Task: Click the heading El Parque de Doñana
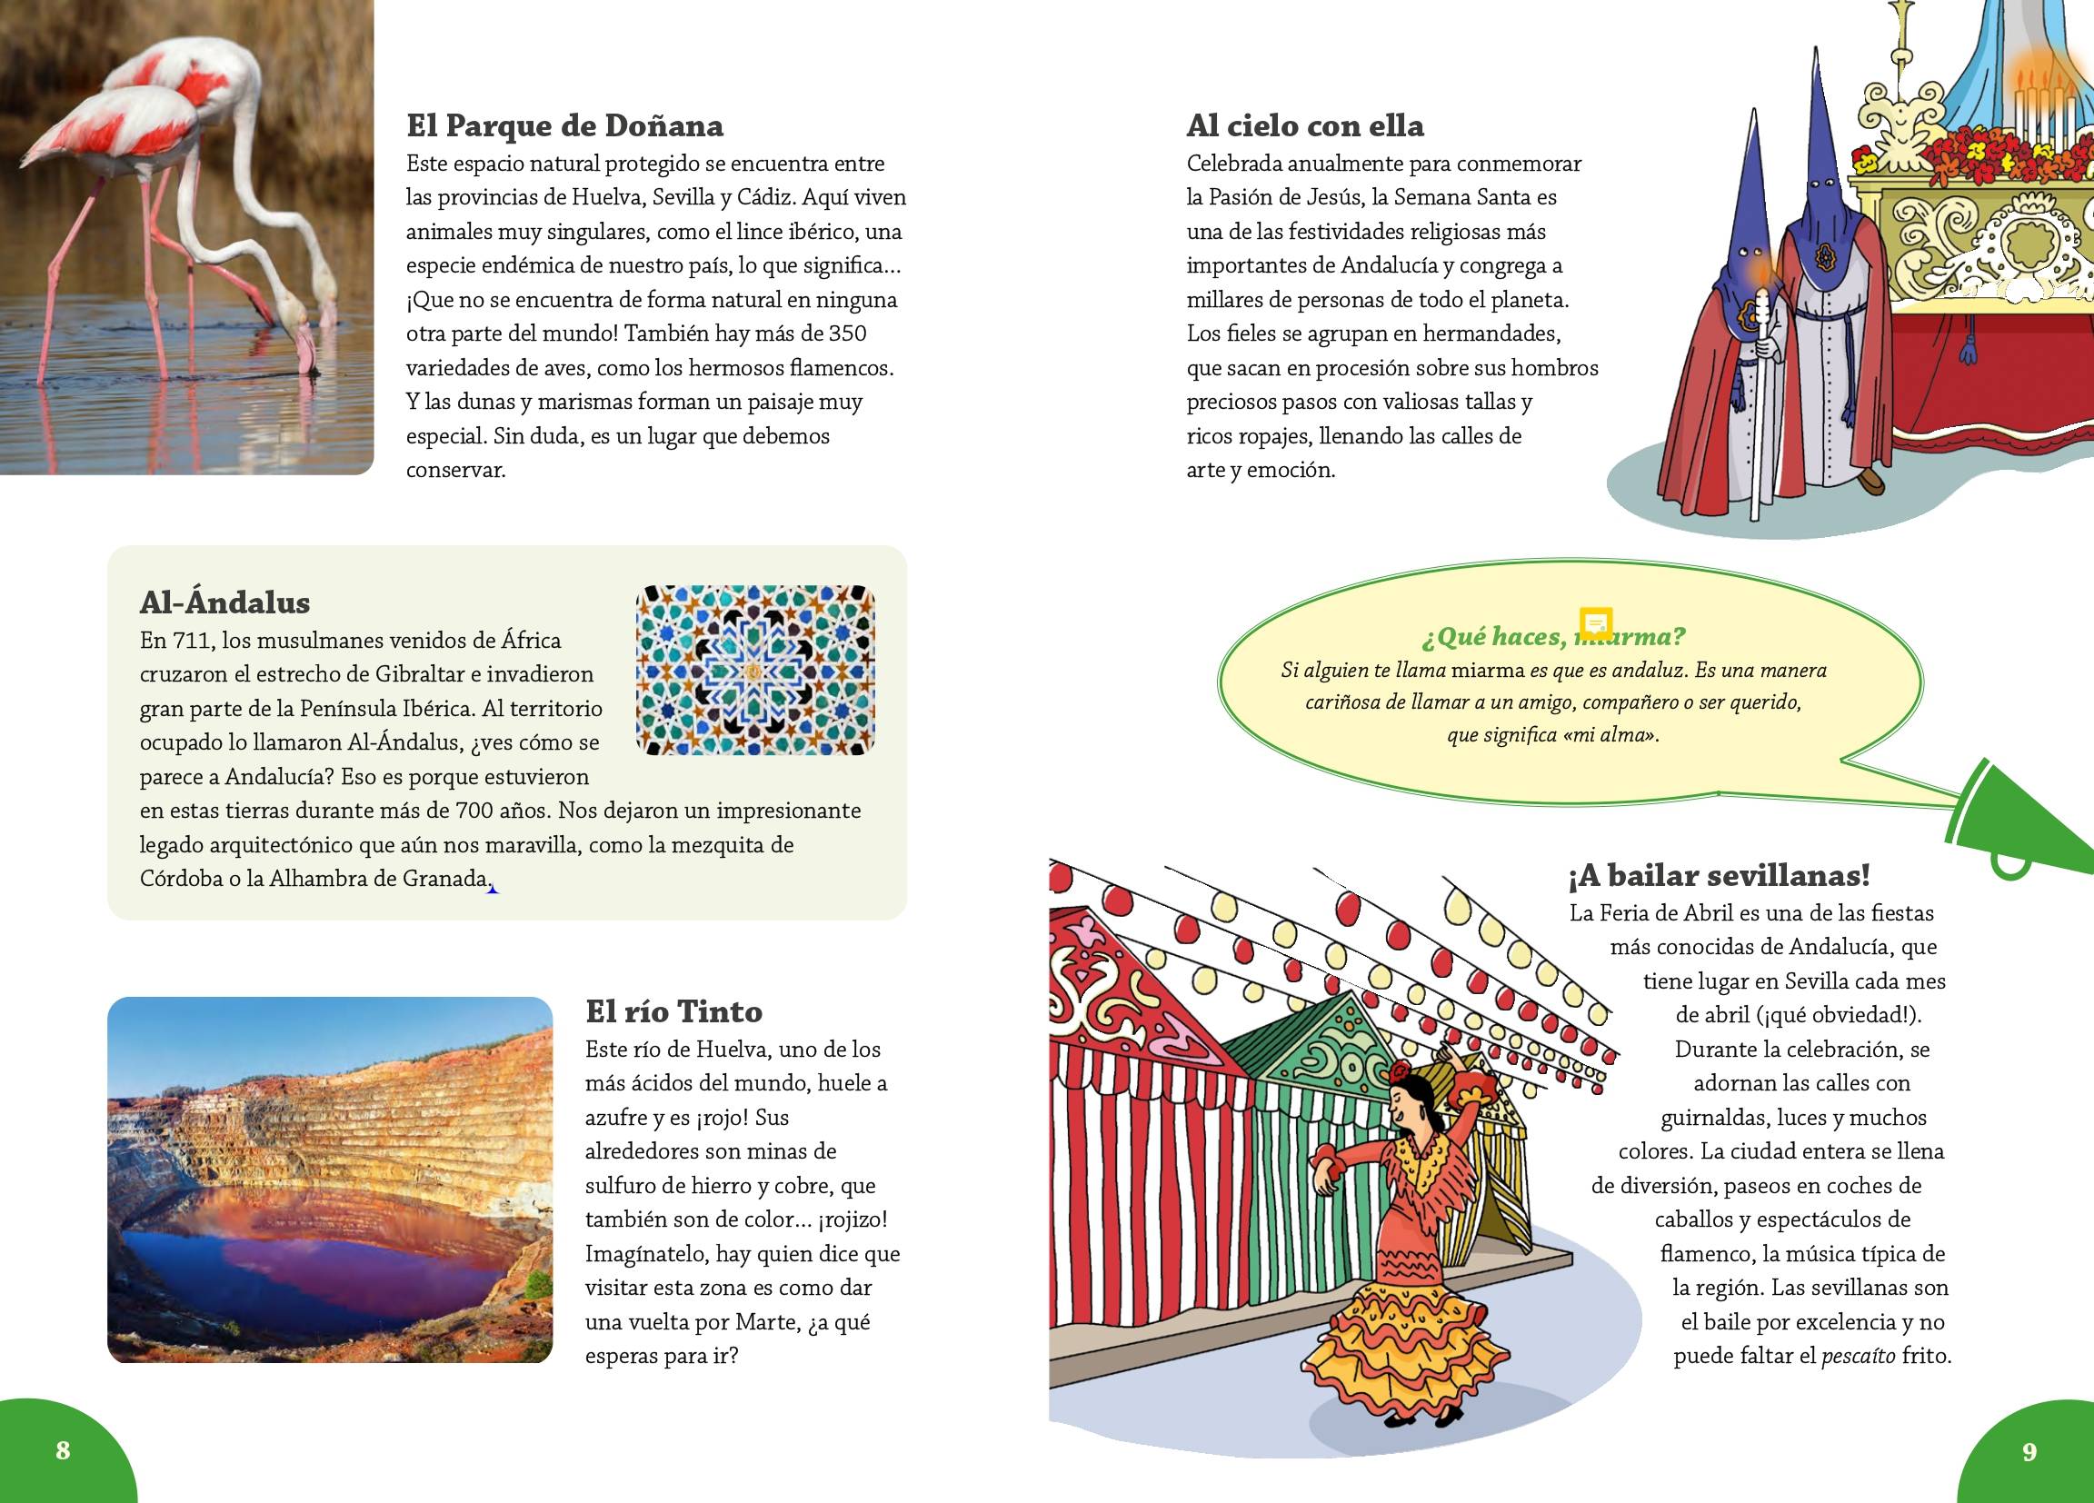coord(564,125)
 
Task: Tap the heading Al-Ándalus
coord(224,602)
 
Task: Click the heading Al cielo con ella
coord(1304,125)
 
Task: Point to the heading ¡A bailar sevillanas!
coord(1719,875)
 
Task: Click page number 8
coord(63,1449)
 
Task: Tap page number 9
coord(2029,1451)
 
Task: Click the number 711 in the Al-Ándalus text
coord(192,641)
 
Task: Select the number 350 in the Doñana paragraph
coord(847,333)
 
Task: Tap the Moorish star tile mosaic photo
coord(754,670)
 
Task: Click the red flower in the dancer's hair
coord(1401,1074)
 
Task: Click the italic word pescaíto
coord(1858,1356)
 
